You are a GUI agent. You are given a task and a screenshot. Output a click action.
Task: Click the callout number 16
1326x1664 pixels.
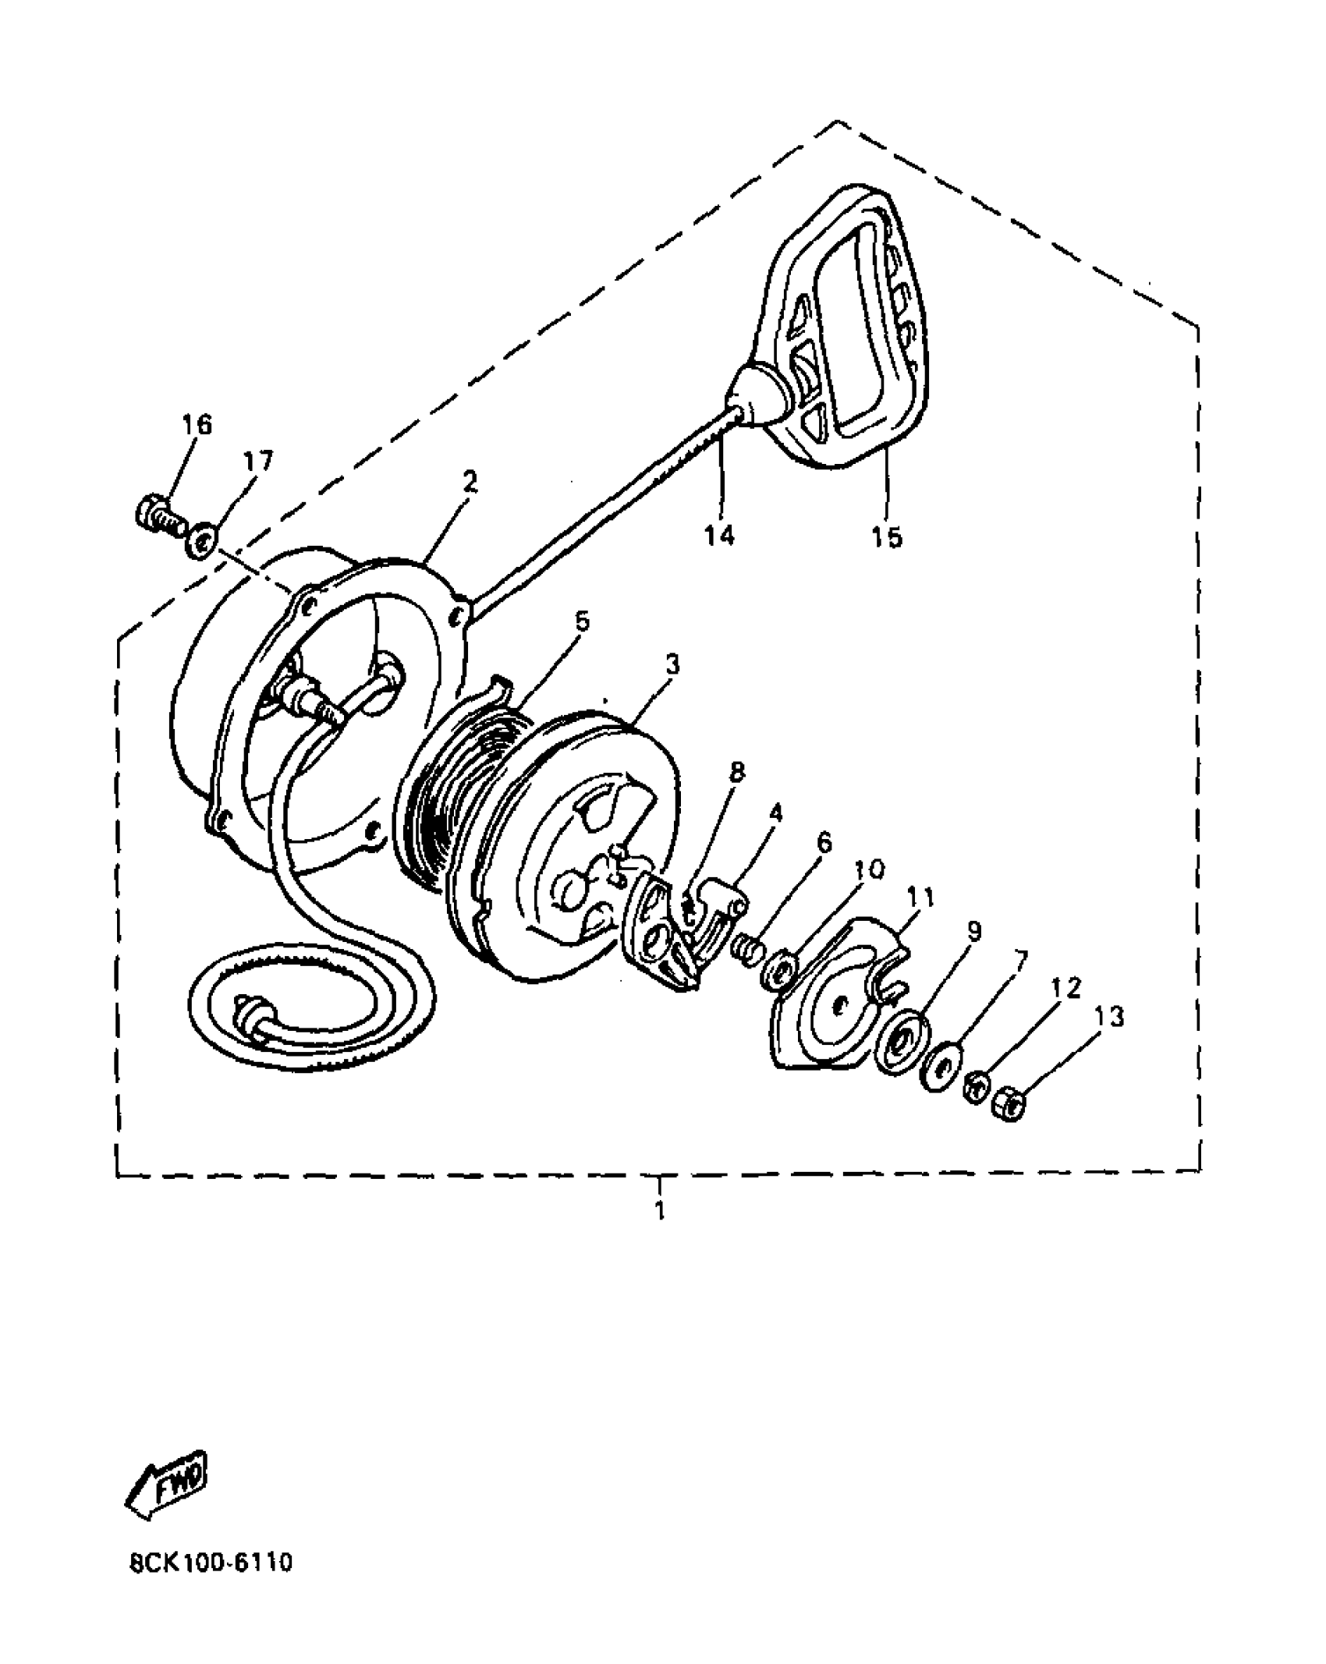197,425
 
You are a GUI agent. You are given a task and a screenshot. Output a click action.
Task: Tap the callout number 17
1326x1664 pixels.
258,462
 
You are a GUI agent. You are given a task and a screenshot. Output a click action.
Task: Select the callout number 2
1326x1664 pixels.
469,481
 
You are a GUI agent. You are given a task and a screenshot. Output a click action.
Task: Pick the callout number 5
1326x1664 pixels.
581,621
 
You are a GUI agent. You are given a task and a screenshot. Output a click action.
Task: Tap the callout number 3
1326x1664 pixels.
672,664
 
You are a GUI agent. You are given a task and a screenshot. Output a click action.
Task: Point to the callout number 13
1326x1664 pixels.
1109,1017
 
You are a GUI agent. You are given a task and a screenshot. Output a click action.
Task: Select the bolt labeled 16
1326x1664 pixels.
159,515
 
